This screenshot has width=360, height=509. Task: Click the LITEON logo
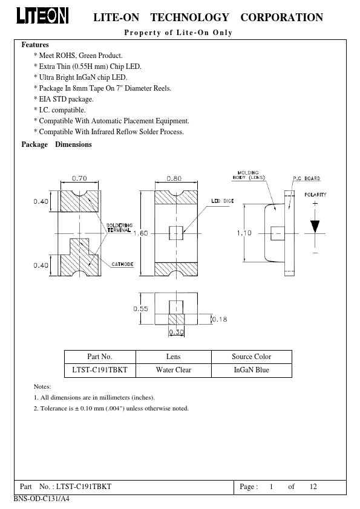[x=42, y=16]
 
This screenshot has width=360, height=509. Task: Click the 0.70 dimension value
[x=79, y=178]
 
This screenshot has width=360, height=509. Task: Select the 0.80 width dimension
[x=174, y=178]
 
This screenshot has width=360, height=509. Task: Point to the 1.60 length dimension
[x=141, y=233]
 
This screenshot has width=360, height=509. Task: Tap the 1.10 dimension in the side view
[x=244, y=233]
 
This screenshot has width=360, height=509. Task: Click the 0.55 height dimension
[x=141, y=309]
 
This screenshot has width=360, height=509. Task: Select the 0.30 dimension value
[x=177, y=332]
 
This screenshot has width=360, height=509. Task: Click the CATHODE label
[x=122, y=264]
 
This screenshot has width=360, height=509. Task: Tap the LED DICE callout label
[x=223, y=201]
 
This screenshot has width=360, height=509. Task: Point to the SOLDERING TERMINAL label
[x=119, y=227]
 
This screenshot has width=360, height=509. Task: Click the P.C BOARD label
[x=306, y=178]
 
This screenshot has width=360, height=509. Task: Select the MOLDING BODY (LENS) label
[x=249, y=175]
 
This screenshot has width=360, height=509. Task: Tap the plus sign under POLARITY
[x=315, y=204]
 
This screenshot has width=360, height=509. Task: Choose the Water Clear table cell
[x=174, y=370]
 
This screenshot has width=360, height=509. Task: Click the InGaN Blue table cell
[x=252, y=370]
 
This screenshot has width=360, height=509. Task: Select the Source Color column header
[x=252, y=357]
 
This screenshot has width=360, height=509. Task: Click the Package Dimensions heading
[x=56, y=144]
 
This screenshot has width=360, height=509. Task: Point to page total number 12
[x=313, y=486]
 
